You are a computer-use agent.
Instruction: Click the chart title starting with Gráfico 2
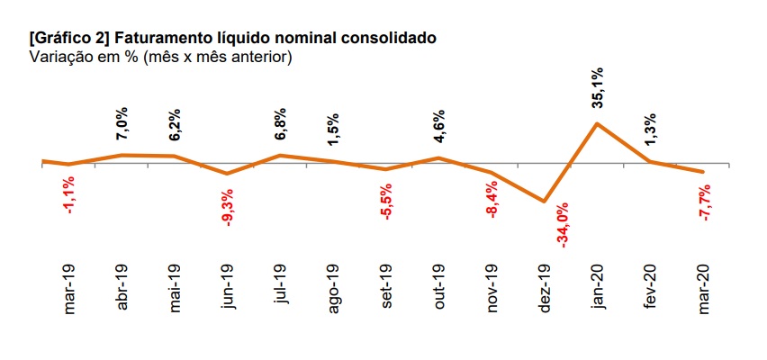(233, 38)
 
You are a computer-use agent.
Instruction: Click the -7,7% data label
(704, 202)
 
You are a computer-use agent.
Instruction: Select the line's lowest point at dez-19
(544, 202)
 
